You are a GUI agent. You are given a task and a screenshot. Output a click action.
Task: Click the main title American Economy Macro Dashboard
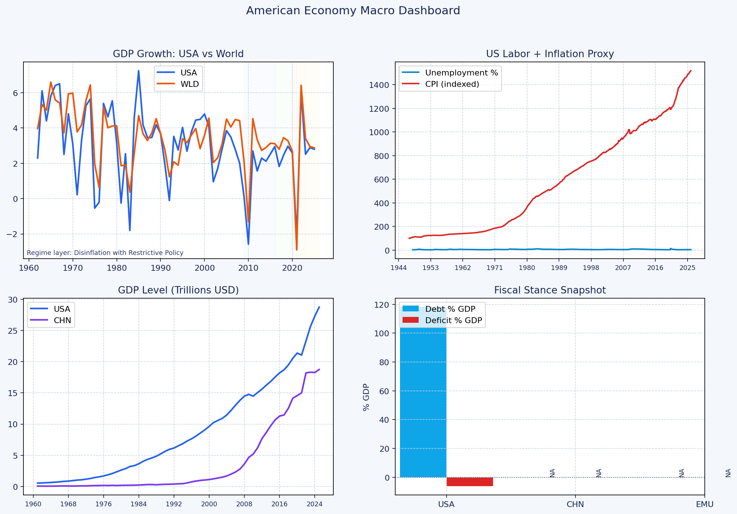(353, 11)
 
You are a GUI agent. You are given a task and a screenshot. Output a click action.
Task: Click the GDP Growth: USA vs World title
(178, 54)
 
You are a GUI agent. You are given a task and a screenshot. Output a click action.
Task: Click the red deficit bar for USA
(470, 482)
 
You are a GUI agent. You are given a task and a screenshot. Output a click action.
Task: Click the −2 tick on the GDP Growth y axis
(13, 234)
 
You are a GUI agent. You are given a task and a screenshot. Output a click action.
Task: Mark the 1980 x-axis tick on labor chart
(527, 268)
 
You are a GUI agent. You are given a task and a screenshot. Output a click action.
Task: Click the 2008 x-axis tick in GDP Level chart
(244, 504)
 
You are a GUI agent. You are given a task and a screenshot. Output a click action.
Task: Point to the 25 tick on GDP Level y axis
(13, 331)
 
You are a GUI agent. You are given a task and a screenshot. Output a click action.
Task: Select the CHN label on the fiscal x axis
(575, 504)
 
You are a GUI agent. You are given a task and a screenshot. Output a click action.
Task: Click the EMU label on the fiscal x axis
(704, 504)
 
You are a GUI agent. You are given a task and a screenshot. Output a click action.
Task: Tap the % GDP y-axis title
(366, 397)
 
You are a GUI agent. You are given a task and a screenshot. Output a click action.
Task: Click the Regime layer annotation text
(105, 253)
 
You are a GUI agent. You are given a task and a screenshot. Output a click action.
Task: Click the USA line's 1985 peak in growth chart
(138, 71)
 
